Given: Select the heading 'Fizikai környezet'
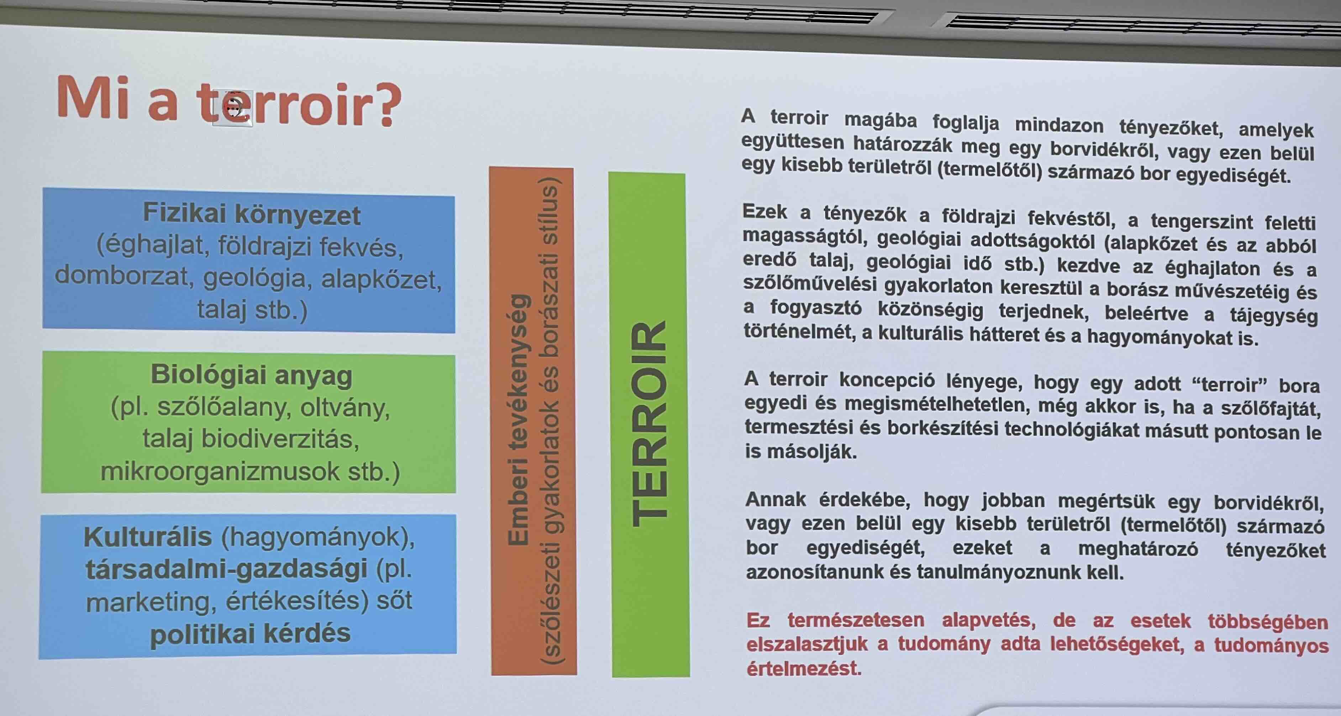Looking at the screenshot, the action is click(251, 214).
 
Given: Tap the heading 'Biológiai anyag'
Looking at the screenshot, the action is click(251, 375).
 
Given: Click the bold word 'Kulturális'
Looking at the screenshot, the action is click(148, 537).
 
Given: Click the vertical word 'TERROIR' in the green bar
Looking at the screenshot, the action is click(649, 424).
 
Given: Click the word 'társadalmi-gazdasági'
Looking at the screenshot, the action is click(226, 569).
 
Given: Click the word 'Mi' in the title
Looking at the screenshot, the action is click(93, 98).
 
